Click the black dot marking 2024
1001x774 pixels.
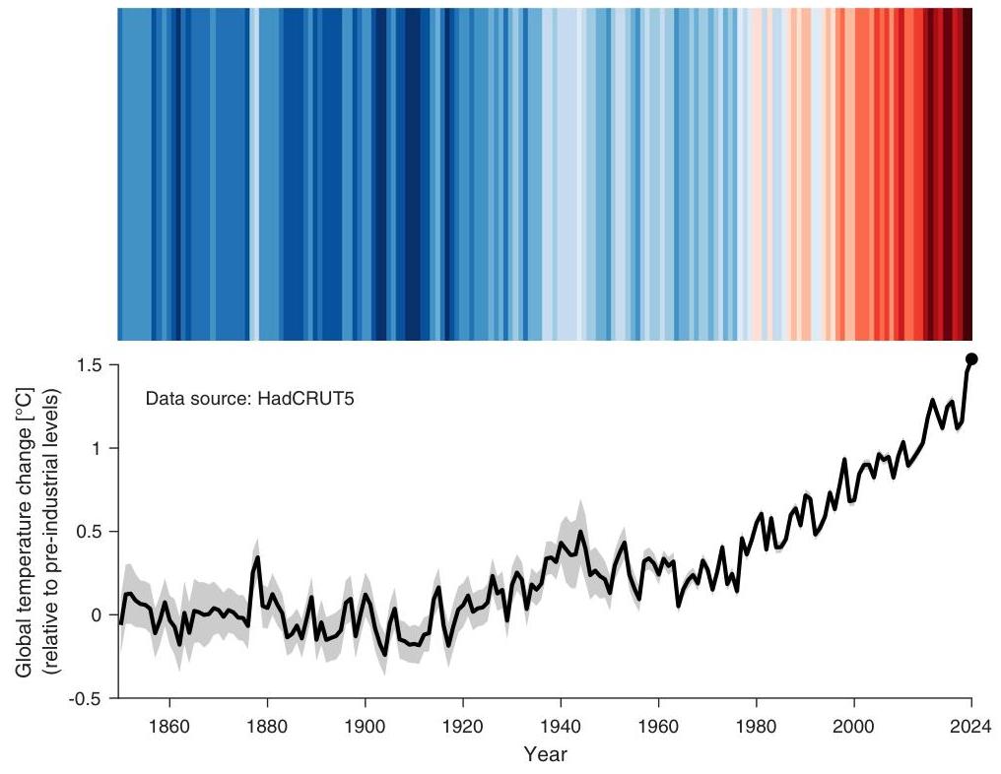point(970,358)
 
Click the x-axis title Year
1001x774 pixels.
point(545,755)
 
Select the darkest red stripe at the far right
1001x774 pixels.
point(968,172)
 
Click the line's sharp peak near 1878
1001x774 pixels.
point(258,557)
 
